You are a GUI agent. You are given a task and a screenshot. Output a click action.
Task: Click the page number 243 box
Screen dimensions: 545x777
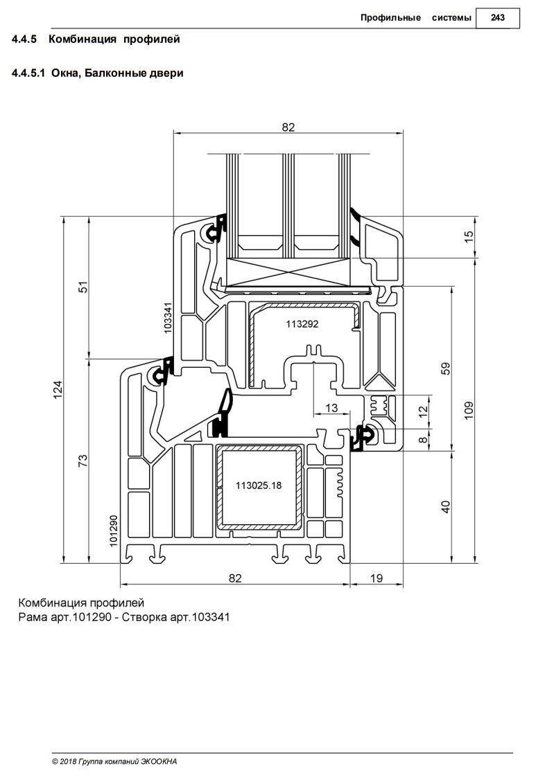(497, 18)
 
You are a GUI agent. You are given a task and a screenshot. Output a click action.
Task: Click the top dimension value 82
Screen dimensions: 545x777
(288, 127)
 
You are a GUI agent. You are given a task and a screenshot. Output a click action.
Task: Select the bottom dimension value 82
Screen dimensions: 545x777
(235, 578)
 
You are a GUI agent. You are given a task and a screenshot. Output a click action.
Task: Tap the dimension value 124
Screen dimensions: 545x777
(58, 389)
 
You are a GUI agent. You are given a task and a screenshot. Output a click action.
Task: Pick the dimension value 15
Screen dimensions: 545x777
(469, 237)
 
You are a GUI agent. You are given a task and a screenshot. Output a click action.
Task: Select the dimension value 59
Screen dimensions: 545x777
(446, 368)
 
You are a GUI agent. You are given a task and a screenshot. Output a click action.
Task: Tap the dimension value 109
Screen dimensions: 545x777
(469, 410)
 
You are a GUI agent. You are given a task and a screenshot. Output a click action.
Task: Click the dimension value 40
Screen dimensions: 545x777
(446, 506)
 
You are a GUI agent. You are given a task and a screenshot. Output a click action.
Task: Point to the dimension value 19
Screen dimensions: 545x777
(377, 578)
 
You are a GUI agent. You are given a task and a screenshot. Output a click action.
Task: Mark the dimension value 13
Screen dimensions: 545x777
(331, 408)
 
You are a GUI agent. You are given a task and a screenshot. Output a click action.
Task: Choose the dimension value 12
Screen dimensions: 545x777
(423, 411)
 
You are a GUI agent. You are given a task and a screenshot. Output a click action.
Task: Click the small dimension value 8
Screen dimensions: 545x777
(423, 440)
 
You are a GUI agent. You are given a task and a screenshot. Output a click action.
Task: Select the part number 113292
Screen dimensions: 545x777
(302, 324)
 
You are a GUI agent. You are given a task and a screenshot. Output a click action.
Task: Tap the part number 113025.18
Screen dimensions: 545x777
(259, 485)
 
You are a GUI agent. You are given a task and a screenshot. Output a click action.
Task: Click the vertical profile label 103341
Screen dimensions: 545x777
(168, 318)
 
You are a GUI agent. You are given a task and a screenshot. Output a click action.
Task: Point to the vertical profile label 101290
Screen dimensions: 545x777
(114, 530)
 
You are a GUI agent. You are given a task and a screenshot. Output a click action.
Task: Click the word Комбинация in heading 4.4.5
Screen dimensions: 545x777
(83, 39)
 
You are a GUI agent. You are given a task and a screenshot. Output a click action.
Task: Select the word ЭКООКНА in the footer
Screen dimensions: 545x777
(159, 762)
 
